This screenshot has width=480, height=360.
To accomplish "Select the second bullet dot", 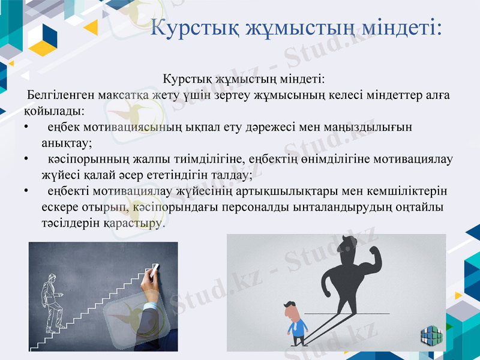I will (26, 160).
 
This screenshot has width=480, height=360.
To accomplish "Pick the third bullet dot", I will (26, 191).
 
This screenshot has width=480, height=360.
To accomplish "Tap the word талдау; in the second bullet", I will (230, 176).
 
